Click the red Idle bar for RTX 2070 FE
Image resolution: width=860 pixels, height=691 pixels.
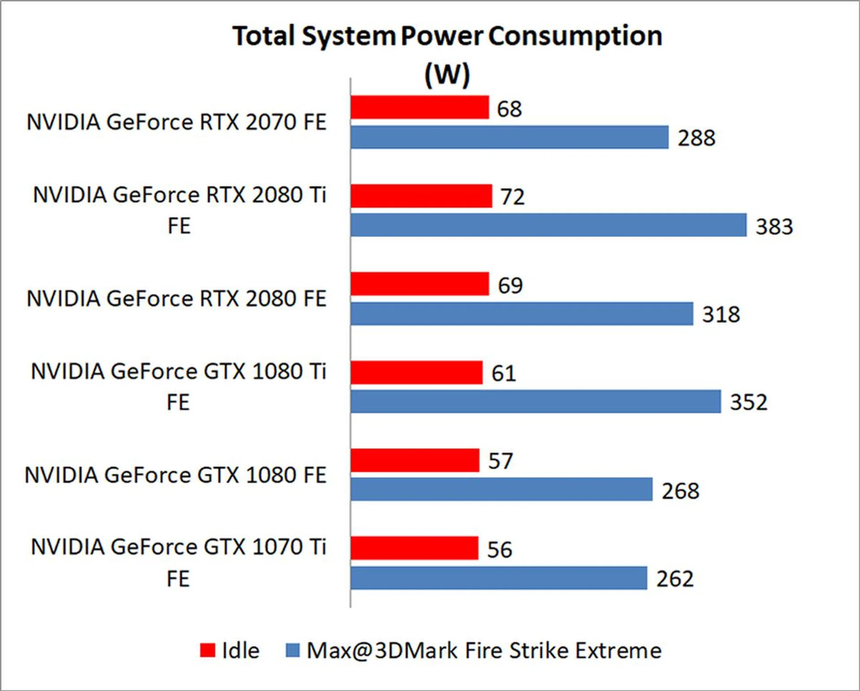click(x=420, y=108)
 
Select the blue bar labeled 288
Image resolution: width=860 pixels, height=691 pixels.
click(x=509, y=137)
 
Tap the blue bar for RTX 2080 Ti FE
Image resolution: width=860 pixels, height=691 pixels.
click(x=549, y=225)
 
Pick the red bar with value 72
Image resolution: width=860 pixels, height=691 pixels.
click(x=421, y=196)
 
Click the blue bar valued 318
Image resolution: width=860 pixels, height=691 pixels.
click(x=522, y=314)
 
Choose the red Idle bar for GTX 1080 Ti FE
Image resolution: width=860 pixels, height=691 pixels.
click(x=417, y=373)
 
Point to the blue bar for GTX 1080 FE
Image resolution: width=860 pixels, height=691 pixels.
click(x=502, y=489)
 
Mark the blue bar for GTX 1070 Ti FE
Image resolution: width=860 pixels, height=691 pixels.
click(x=499, y=578)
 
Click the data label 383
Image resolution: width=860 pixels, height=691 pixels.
click(x=774, y=226)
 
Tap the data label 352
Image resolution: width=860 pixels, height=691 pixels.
click(x=748, y=402)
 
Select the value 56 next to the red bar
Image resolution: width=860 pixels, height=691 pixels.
click(x=499, y=549)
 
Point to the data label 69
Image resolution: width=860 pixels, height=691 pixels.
click(x=510, y=285)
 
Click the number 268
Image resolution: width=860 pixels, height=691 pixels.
click(x=680, y=491)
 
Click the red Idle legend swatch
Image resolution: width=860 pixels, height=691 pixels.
click(x=207, y=651)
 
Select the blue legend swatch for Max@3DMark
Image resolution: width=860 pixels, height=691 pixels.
click(x=292, y=651)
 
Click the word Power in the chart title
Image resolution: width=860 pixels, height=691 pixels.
click(x=442, y=36)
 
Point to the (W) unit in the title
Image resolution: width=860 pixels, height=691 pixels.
click(x=447, y=74)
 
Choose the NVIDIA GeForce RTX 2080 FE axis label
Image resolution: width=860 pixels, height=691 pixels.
click(x=176, y=299)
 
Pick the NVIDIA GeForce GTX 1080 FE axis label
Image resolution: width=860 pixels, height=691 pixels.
click(x=175, y=475)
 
